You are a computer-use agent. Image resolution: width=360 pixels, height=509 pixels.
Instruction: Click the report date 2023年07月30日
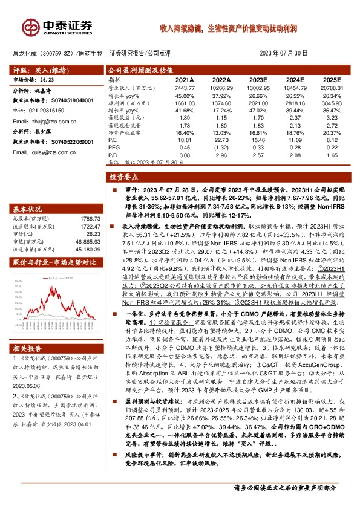[287, 53]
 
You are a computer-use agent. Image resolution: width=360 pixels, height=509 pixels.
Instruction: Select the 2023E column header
[257, 79]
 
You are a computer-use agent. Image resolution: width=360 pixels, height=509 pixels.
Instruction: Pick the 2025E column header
[330, 79]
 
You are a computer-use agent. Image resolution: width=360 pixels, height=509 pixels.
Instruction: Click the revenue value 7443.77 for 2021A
[184, 88]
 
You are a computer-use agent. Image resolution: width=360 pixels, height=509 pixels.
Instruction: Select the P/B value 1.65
[330, 155]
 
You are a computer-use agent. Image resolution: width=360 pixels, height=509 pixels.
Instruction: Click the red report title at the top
[228, 28]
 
